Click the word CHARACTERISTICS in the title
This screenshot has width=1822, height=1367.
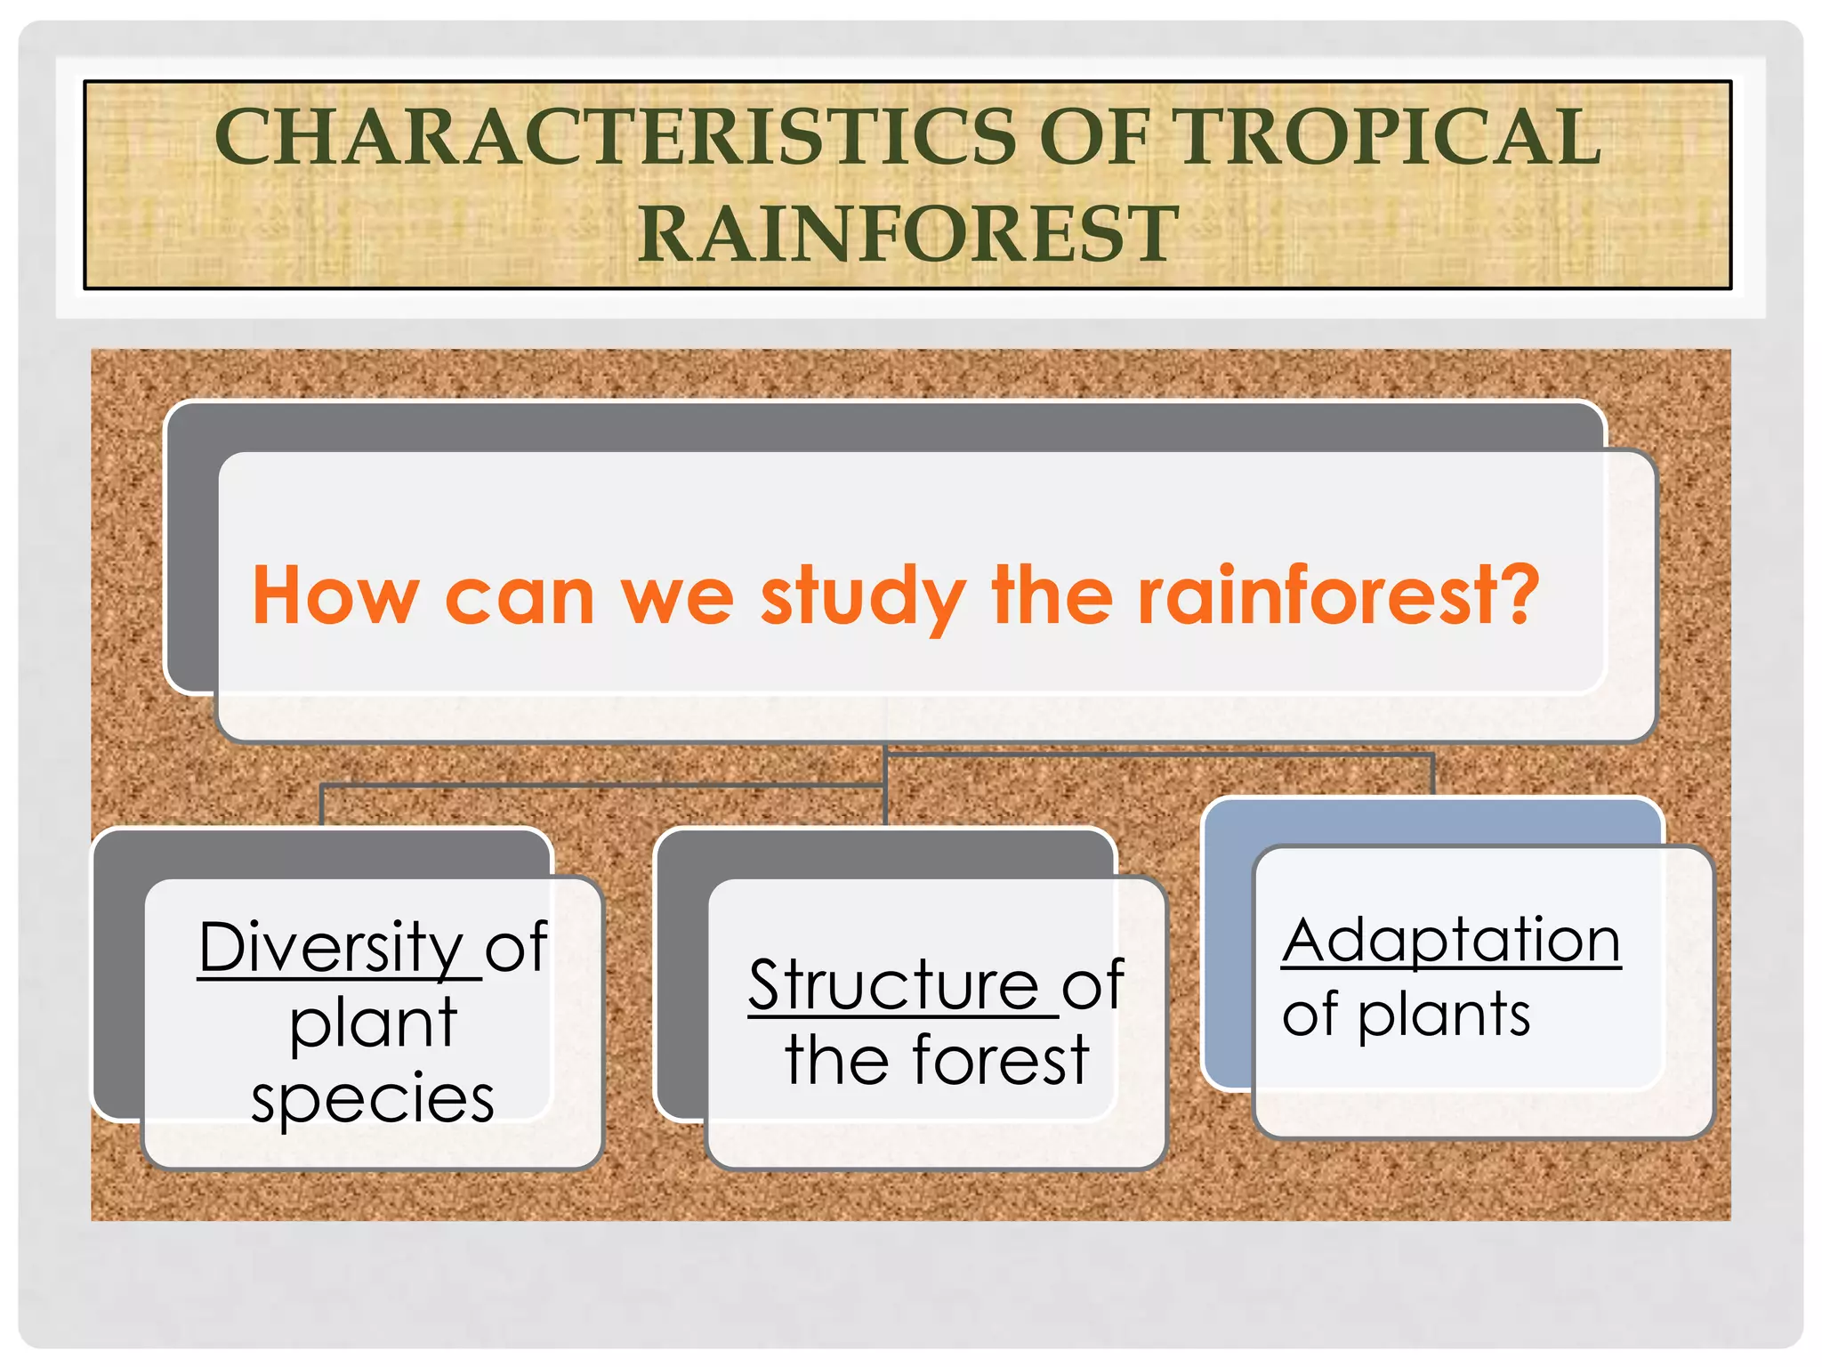coord(614,138)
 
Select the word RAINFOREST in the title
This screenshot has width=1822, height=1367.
coord(907,234)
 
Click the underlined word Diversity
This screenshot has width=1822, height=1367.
coord(331,947)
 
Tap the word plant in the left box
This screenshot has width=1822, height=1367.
coord(373,1023)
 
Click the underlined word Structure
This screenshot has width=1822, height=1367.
coord(893,985)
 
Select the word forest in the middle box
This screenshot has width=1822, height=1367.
coord(1000,1061)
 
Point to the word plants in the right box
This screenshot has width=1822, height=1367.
coord(1443,1015)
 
